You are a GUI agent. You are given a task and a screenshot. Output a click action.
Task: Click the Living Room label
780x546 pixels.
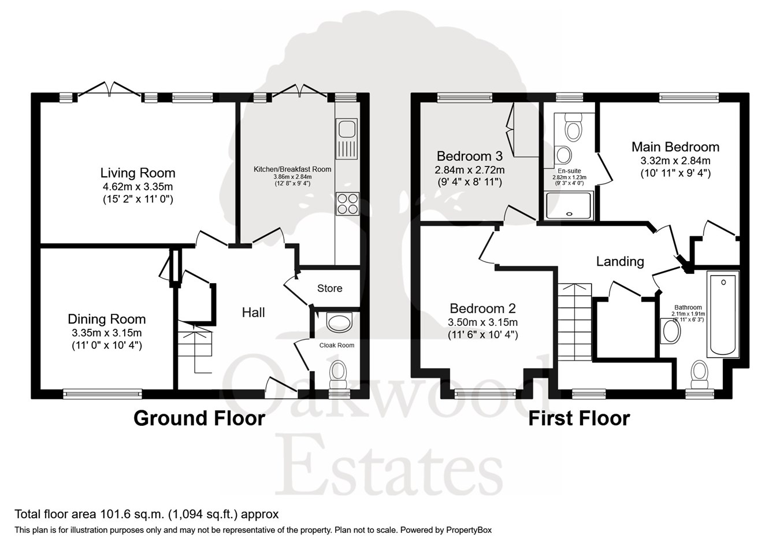tap(138, 173)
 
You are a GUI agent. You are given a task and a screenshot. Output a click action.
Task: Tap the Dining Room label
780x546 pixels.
tap(106, 319)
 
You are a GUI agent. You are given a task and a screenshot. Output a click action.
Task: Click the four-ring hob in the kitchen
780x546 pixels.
tap(347, 203)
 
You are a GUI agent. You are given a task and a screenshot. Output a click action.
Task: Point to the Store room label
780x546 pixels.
tap(329, 288)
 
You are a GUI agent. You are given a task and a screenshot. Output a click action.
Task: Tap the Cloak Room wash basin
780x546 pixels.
tap(339, 322)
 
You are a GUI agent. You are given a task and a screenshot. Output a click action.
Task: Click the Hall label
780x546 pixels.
tap(253, 313)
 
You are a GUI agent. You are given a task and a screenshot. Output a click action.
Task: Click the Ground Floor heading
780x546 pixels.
tap(199, 418)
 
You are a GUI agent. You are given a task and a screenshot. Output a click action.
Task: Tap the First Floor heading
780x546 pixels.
tap(579, 418)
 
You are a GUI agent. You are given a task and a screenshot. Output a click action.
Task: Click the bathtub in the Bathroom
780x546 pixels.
tap(722, 315)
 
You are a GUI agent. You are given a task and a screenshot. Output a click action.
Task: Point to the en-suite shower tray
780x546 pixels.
tap(569, 206)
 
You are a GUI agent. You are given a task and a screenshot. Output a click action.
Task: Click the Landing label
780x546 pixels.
tap(620, 261)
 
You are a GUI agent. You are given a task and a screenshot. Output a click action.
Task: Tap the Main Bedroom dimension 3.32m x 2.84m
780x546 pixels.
tap(675, 161)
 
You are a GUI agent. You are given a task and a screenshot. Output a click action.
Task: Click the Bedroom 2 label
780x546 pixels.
tap(482, 309)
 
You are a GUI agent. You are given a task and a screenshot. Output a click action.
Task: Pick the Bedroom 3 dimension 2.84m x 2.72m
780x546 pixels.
tap(469, 170)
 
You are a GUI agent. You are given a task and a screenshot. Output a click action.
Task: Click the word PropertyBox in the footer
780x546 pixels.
tap(468, 530)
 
